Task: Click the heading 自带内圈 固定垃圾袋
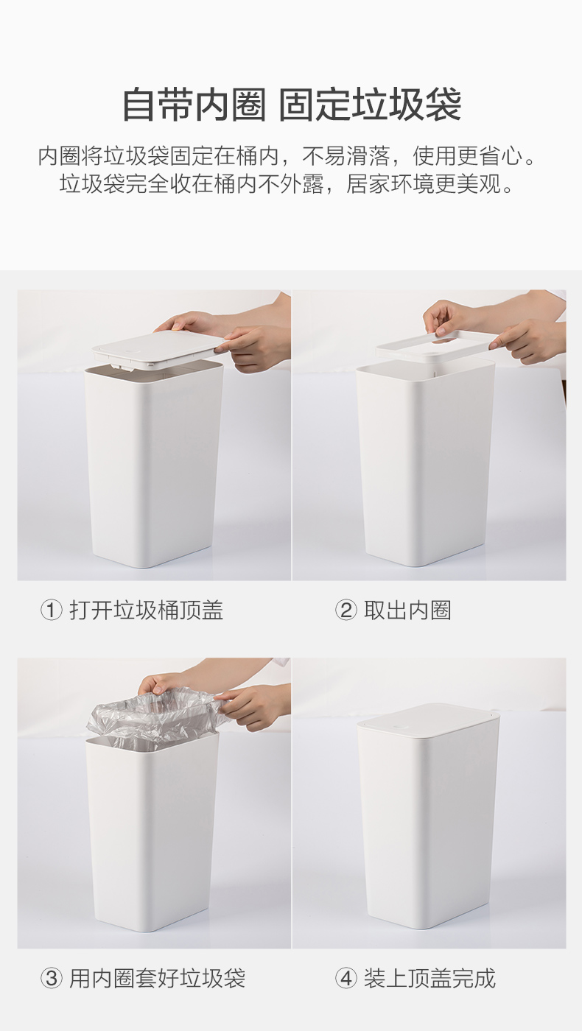click(x=291, y=105)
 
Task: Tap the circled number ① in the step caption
click(x=51, y=610)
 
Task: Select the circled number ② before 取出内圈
click(x=346, y=610)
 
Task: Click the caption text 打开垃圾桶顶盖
click(x=147, y=610)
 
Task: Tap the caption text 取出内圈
click(x=407, y=610)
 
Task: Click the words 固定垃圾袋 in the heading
click(x=370, y=105)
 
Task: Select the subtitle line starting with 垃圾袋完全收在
click(x=287, y=184)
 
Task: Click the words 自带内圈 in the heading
click(x=194, y=105)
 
